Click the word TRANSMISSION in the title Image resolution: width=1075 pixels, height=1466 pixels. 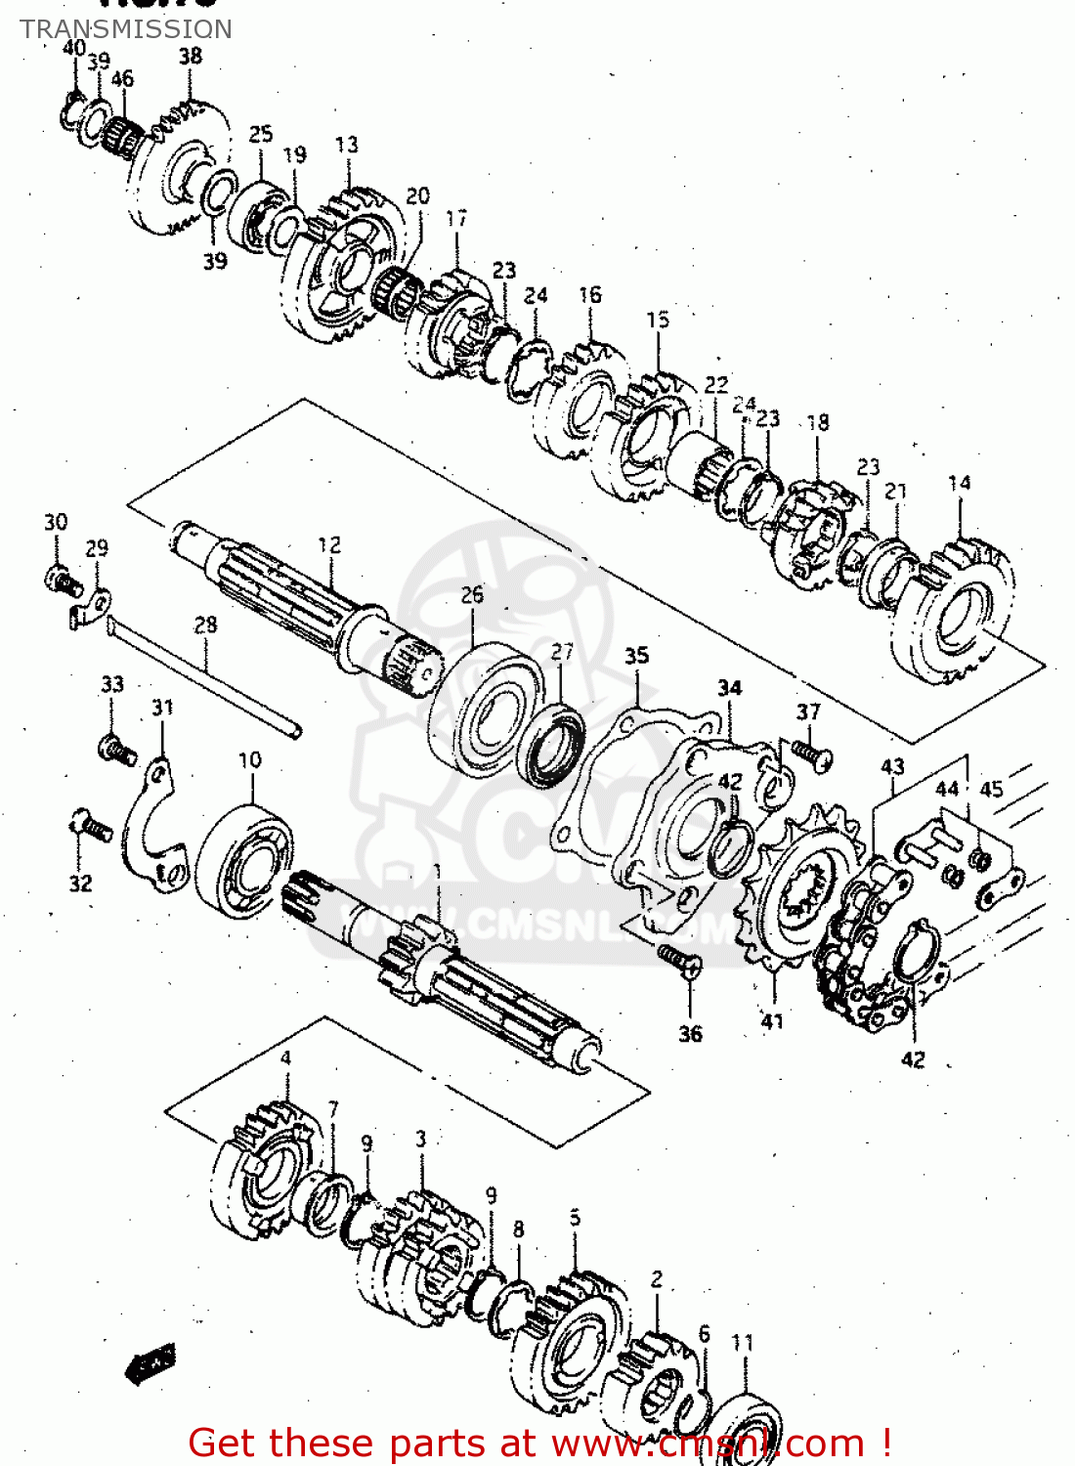tap(126, 29)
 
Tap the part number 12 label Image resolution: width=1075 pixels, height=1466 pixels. tap(329, 544)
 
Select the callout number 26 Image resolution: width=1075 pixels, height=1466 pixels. tap(472, 594)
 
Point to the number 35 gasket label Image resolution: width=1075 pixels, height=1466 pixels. tap(636, 656)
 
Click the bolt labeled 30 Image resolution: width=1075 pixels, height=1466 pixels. tap(60, 581)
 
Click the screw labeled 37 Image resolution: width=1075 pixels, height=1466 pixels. tap(810, 754)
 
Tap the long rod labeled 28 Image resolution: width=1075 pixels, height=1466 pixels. tap(205, 674)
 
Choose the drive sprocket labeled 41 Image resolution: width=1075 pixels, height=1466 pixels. tap(792, 894)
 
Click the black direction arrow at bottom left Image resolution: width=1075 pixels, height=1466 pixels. tap(150, 1363)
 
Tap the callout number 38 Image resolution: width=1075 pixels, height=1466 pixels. tap(191, 56)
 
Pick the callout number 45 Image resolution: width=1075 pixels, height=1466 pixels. tap(992, 789)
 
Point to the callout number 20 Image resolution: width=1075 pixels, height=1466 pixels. tap(417, 196)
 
